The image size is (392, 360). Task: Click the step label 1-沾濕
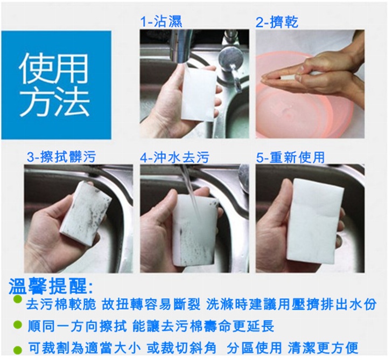pyautogui.click(x=161, y=22)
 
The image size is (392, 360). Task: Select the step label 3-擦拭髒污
pyautogui.click(x=61, y=157)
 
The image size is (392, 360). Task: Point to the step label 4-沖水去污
pyautogui.click(x=174, y=157)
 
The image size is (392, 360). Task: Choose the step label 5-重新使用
pyautogui.click(x=291, y=157)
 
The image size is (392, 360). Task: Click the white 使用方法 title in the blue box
pyautogui.click(x=54, y=85)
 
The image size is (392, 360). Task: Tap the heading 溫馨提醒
pyautogui.click(x=51, y=286)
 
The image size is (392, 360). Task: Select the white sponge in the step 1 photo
pyautogui.click(x=199, y=94)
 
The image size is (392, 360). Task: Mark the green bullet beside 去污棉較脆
pyautogui.click(x=17, y=299)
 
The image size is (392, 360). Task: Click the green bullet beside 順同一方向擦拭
pyautogui.click(x=17, y=325)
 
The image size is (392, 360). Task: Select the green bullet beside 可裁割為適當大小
pyautogui.click(x=17, y=350)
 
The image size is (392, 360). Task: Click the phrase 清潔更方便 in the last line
pyautogui.click(x=323, y=348)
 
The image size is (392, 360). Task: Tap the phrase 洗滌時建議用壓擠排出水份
pyautogui.click(x=291, y=304)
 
